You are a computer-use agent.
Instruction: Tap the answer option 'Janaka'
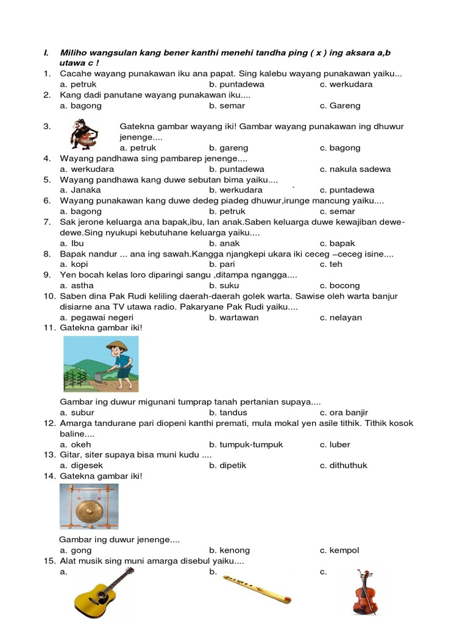point(80,190)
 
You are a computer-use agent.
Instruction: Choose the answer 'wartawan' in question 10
point(234,317)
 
